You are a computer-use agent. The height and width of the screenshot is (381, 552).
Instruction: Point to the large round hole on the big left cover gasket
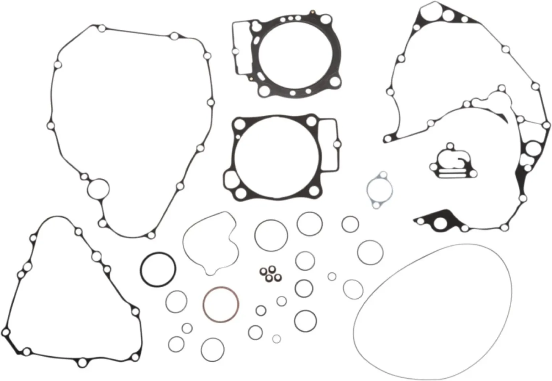[x=98, y=189]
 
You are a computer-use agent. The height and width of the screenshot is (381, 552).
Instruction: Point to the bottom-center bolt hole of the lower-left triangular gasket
[x=81, y=362]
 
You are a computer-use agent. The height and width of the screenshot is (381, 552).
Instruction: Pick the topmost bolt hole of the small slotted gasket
[x=452, y=146]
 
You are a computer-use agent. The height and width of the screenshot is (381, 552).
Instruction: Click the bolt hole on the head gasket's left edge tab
[x=234, y=51]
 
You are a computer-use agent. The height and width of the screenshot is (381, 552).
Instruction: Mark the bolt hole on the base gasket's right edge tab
[x=337, y=144]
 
